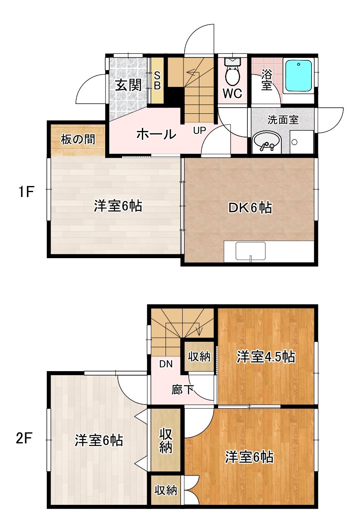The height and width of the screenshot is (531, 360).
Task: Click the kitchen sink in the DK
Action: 250,251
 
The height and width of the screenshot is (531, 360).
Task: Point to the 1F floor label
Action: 24,192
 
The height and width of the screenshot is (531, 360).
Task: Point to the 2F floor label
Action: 24,439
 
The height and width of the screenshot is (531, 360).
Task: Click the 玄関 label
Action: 128,85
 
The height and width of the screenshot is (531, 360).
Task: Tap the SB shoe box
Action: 157,80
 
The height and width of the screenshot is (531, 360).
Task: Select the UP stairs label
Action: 199,130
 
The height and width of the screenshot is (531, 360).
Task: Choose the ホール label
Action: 157,134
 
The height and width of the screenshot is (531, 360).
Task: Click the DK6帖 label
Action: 250,208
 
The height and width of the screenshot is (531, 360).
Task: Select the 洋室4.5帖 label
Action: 266,357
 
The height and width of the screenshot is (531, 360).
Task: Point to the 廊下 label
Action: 182,390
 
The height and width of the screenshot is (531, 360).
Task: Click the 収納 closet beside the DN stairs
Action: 199,356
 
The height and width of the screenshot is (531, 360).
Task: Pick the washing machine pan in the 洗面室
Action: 302,142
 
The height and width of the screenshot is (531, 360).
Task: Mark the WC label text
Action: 232,93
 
